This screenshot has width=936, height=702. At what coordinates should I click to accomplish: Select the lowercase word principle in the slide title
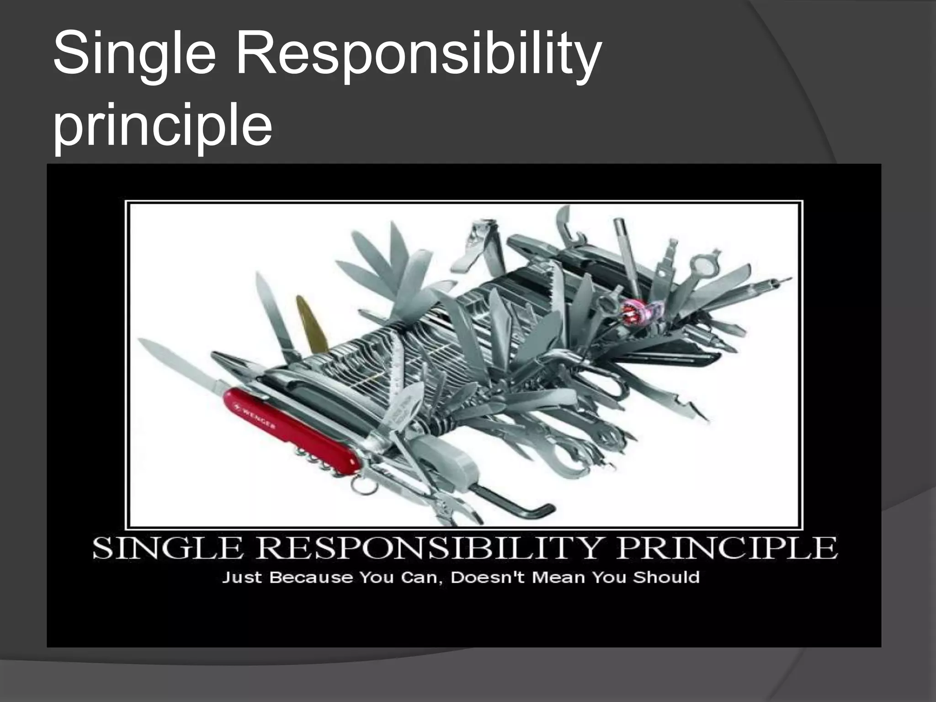(x=163, y=126)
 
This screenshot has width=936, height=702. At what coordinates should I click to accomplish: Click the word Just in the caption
(x=242, y=577)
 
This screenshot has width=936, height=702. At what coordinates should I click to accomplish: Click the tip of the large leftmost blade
(x=143, y=342)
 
